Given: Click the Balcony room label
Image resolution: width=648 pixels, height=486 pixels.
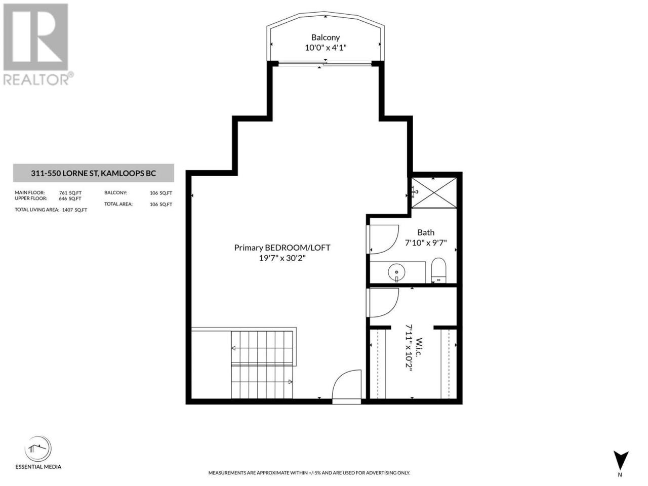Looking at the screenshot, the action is click(326, 37).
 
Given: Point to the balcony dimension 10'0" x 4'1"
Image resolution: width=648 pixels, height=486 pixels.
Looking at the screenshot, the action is click(326, 48).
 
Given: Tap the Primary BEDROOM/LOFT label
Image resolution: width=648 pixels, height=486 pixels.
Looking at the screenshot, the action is click(282, 248).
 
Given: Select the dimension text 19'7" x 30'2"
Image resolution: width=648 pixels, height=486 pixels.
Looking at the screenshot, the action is click(282, 258).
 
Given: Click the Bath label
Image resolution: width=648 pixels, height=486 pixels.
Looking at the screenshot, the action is click(426, 232).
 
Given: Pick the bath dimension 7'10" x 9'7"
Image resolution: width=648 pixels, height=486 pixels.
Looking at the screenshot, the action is click(426, 243).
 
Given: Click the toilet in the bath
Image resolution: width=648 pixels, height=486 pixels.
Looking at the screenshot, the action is click(438, 270).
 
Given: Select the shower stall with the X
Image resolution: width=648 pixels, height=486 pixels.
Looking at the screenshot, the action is click(434, 193).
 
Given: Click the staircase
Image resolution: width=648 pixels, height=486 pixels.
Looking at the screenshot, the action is click(262, 364).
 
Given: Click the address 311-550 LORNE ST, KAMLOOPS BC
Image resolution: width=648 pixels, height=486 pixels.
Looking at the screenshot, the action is click(93, 173).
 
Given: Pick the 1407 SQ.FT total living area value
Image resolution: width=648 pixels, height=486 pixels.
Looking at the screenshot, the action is click(74, 210).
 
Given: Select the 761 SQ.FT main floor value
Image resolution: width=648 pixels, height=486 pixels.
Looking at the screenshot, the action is click(70, 193).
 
